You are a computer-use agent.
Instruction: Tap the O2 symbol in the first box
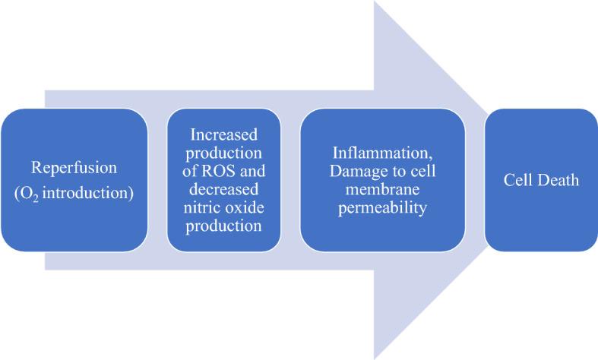point(27,192)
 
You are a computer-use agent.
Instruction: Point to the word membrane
point(382,188)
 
